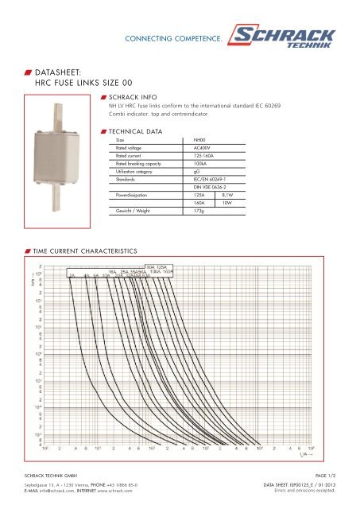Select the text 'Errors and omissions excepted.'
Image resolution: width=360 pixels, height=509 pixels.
point(304,490)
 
